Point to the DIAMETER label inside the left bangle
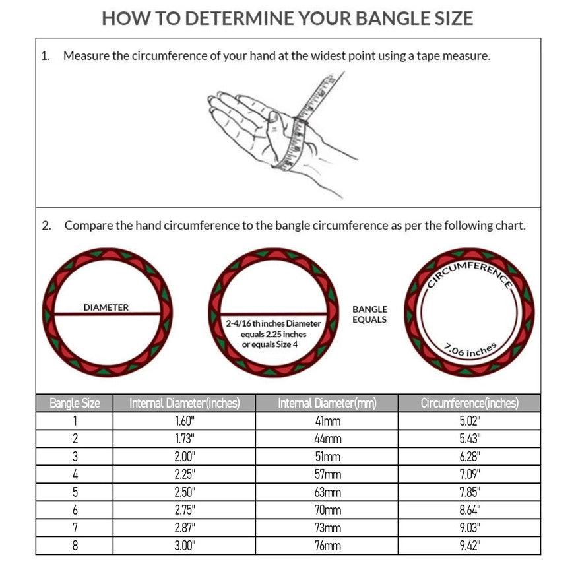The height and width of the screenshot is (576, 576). point(106,307)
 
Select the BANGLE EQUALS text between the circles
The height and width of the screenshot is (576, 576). point(369,314)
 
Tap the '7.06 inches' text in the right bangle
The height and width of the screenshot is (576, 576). point(470,349)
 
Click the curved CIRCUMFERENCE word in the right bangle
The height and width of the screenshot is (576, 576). point(469,271)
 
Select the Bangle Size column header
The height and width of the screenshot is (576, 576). point(75,403)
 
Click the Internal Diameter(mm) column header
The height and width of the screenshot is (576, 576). point(327,403)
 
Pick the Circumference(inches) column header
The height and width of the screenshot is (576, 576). point(469,403)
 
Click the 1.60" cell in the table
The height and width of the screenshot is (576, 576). point(184,421)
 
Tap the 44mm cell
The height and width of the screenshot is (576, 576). point(327,439)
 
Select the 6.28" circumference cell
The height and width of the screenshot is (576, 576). point(469,457)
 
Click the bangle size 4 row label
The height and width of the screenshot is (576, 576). point(75,474)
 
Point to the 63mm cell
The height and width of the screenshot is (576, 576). point(327,492)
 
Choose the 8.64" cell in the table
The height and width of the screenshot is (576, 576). point(469,510)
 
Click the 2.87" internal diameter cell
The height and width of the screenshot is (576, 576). point(184,528)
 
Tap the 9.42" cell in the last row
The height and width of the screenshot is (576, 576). point(469,546)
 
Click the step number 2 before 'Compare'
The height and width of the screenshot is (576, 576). point(46,226)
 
